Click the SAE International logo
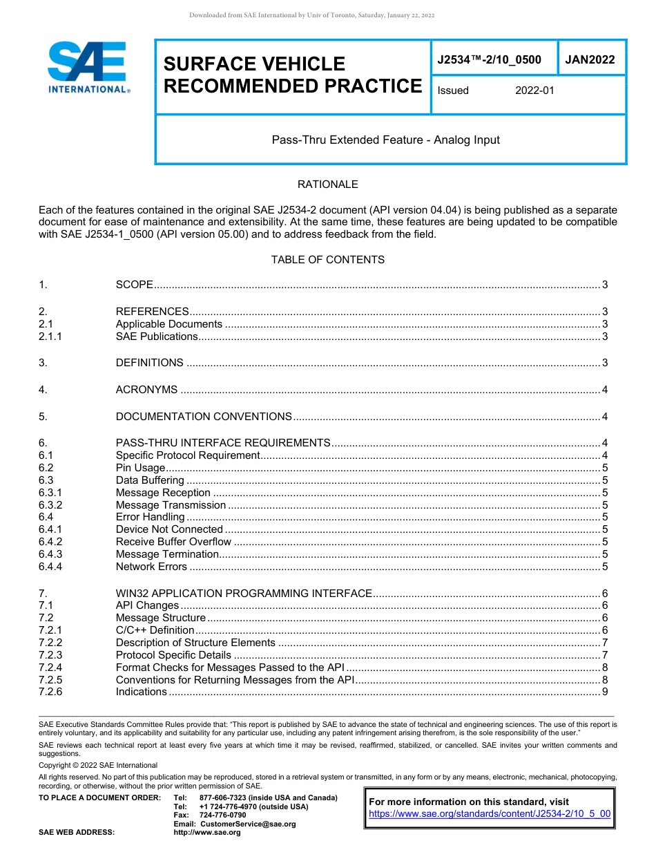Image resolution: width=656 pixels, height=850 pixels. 88,67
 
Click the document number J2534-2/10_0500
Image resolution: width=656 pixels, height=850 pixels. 489,60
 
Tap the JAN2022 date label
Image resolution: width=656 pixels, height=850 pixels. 590,60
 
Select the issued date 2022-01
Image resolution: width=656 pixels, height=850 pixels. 534,91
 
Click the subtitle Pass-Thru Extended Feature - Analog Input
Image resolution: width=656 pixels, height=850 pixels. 385,140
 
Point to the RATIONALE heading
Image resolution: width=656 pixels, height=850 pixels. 327,185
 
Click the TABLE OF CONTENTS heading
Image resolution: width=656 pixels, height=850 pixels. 327,260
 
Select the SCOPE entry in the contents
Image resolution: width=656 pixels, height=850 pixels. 134,285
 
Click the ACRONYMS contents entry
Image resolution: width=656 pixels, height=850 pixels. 146,390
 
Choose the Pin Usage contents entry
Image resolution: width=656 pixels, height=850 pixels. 140,468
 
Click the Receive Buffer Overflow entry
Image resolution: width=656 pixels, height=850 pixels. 173,542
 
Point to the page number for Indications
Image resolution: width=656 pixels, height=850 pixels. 605,692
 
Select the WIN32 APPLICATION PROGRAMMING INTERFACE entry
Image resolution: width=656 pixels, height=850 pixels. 244,594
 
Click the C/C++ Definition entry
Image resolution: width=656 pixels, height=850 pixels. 155,630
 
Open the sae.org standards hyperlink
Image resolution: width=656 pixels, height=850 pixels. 490,814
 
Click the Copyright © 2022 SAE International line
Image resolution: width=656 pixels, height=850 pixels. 98,765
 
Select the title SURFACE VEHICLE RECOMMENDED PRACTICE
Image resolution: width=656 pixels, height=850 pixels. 292,75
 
